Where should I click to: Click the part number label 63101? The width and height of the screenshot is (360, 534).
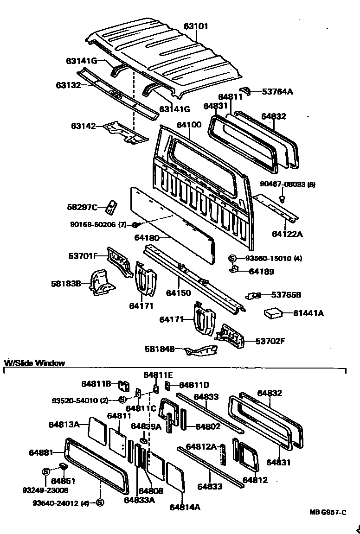point(196,26)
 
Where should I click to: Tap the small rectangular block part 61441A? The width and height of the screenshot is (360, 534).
point(274,314)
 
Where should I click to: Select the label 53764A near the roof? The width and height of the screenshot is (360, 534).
point(277,91)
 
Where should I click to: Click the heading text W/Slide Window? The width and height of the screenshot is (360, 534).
point(34,363)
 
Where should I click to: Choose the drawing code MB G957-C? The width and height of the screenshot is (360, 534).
point(328,512)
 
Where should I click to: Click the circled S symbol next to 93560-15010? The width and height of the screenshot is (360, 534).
point(232,258)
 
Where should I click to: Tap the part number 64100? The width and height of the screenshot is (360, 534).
point(188,125)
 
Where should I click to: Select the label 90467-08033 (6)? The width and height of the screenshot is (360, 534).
point(287,184)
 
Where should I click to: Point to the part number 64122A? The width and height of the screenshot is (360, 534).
point(287,234)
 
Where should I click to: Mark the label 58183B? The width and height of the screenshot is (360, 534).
point(66,283)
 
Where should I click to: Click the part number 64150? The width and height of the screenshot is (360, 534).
point(179,293)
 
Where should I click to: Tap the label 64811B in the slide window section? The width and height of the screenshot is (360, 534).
point(96,383)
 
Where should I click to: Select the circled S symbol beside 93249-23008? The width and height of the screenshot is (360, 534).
point(46,471)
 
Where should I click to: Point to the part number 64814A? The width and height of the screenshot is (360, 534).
point(185,507)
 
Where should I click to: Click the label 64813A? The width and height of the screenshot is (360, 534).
point(64,424)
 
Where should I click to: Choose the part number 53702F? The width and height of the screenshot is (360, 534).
point(270,341)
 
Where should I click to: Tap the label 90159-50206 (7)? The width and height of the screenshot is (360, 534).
point(98,225)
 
